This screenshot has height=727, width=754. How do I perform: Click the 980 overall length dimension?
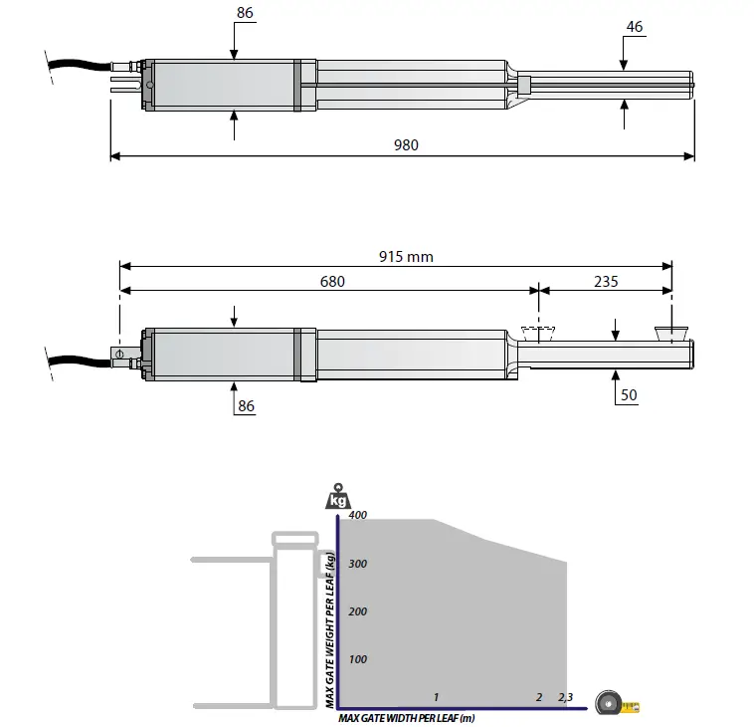tap(406, 144)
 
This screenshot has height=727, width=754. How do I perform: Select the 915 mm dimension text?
tap(406, 256)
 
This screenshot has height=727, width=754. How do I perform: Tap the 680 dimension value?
tap(332, 282)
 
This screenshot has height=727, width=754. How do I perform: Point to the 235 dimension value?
tap(605, 282)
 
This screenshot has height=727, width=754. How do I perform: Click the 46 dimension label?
tap(635, 27)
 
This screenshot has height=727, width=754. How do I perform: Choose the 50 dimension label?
tap(628, 395)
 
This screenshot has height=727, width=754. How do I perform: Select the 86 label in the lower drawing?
tap(245, 407)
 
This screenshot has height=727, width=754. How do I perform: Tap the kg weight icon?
tap(337, 498)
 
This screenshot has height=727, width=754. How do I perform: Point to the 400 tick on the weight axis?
tap(357, 515)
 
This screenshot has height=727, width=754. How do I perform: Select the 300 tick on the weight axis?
tap(357, 564)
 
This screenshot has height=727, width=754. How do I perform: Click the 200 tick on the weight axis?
tap(357, 611)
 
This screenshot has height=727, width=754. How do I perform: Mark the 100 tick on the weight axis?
tap(357, 659)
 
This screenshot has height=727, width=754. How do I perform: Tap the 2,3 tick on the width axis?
tap(565, 697)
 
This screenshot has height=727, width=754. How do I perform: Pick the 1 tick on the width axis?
tap(436, 697)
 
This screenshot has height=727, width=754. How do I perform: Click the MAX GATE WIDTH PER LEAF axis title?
tap(407, 717)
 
